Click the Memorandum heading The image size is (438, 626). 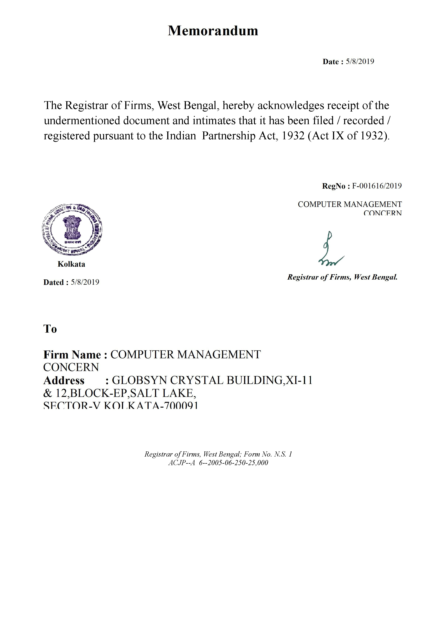click(x=213, y=30)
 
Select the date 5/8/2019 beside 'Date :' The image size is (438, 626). click(x=360, y=62)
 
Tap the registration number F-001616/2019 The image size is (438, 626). click(x=377, y=186)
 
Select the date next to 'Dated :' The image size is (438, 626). click(x=85, y=282)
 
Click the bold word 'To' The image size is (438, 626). click(x=50, y=329)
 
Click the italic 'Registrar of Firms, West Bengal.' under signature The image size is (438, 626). click(x=342, y=277)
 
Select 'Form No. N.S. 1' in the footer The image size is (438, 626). click(x=268, y=454)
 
